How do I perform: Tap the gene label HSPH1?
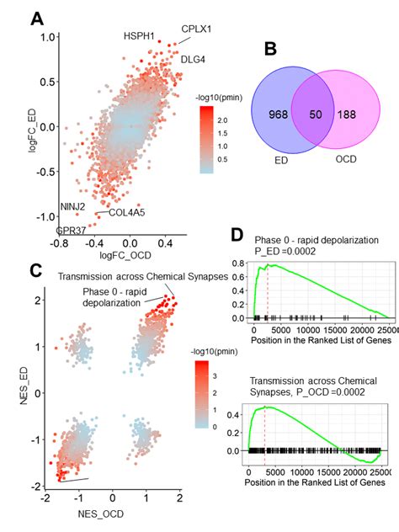tap(140, 37)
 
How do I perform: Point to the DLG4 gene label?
tap(194, 60)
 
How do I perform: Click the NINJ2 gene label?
tap(72, 207)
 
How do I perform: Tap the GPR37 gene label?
tap(70, 231)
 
